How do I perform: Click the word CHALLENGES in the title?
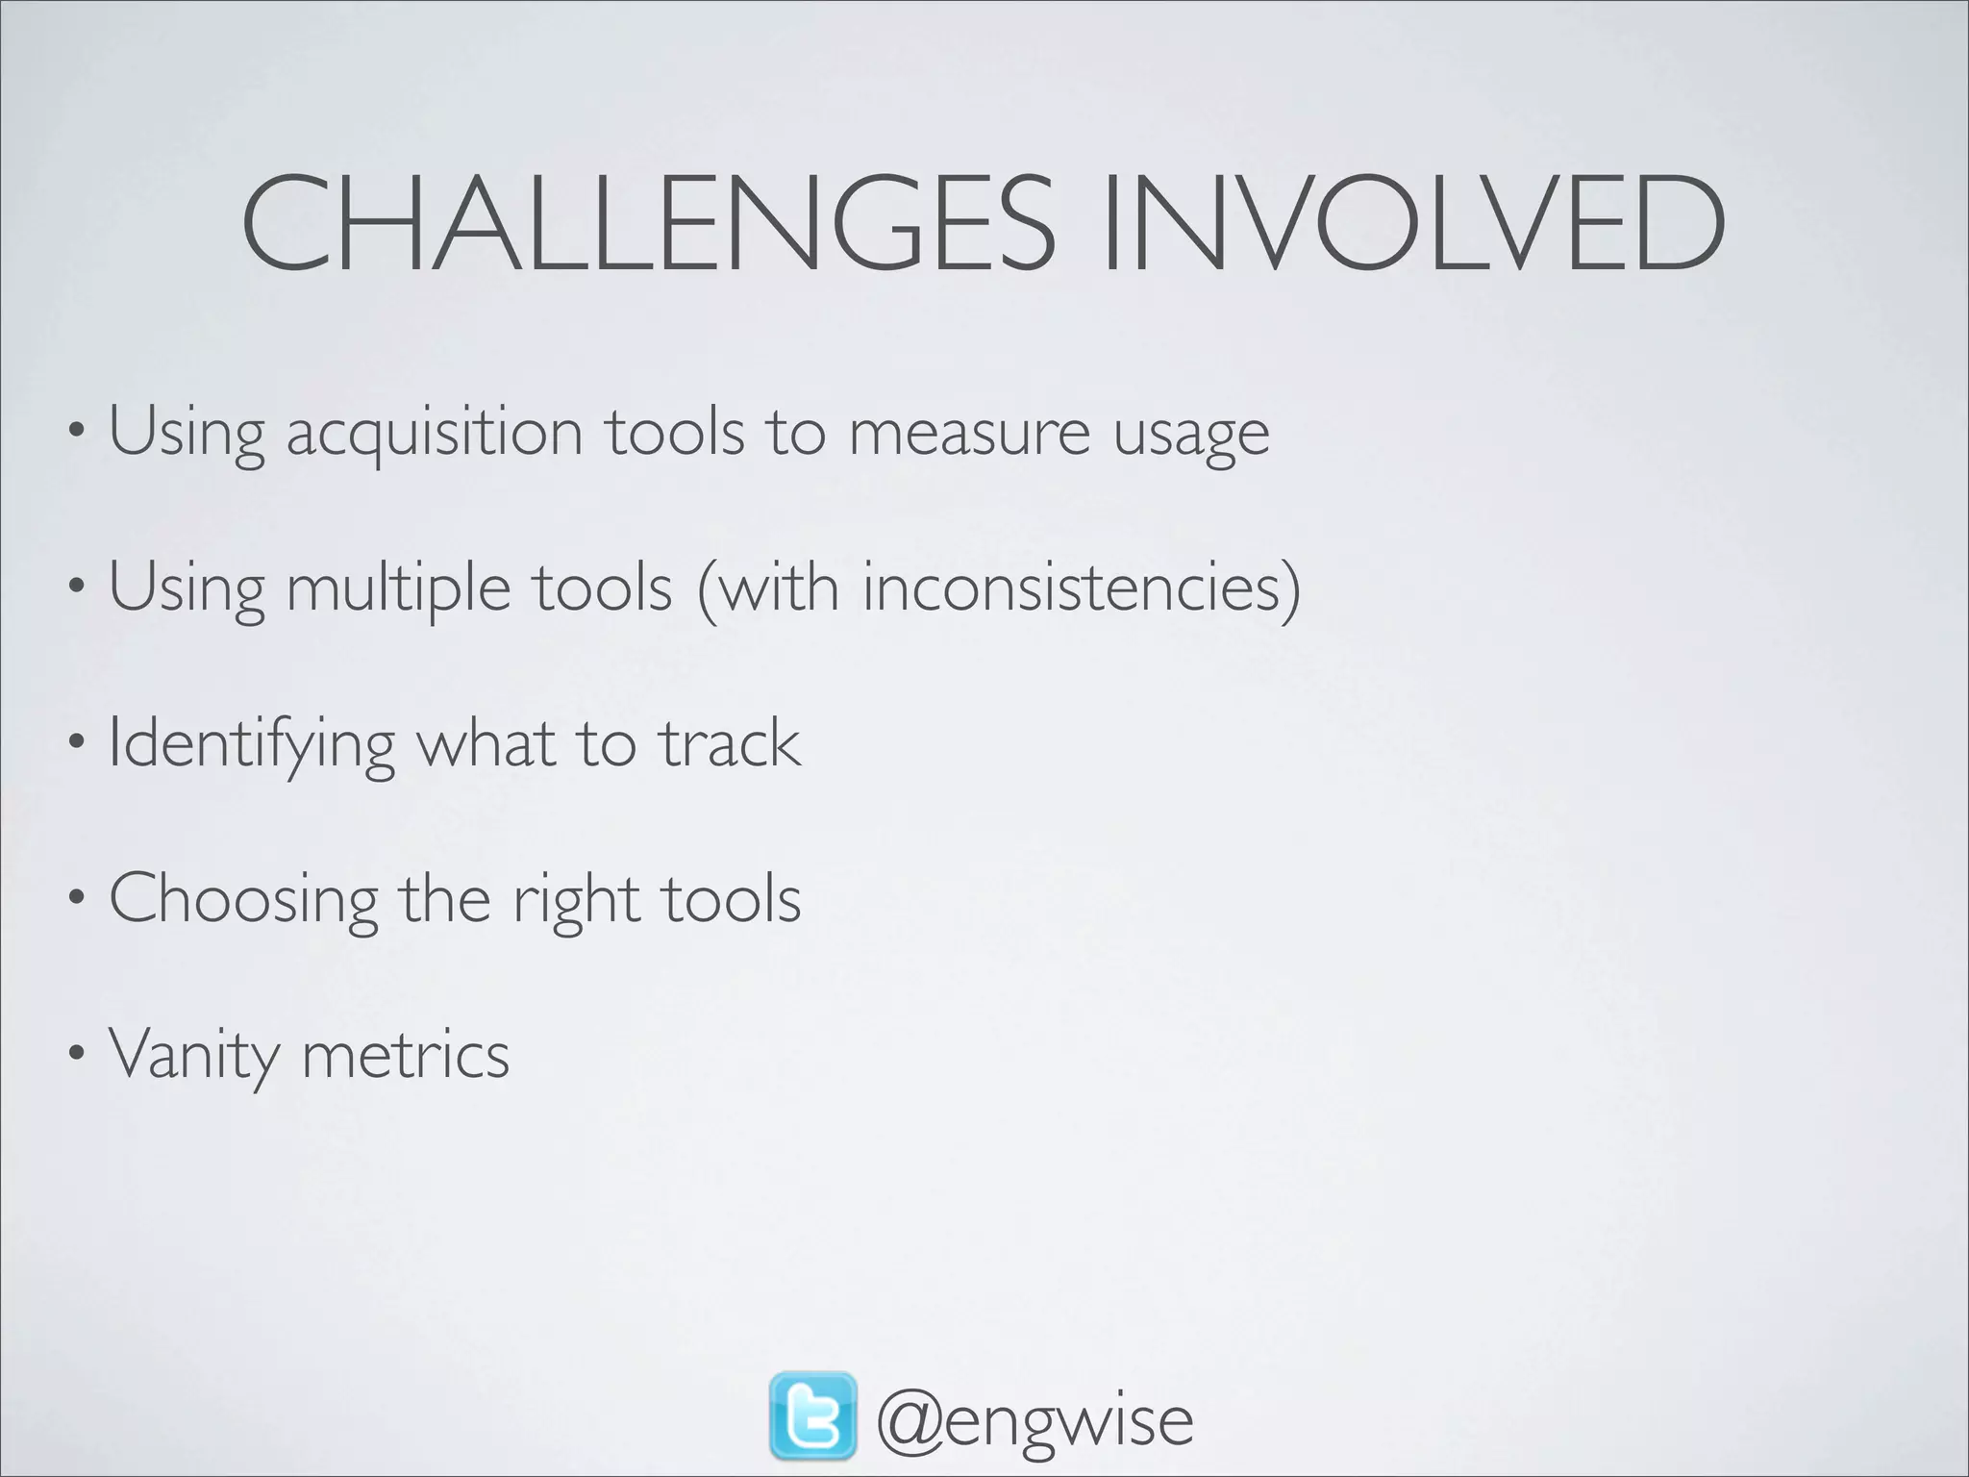tap(647, 224)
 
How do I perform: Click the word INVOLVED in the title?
tap(1413, 224)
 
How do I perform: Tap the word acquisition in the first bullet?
tap(435, 434)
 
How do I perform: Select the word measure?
tap(969, 434)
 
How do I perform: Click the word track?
tap(730, 743)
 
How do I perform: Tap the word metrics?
tap(405, 1056)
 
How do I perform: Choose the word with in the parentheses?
tap(778, 588)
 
